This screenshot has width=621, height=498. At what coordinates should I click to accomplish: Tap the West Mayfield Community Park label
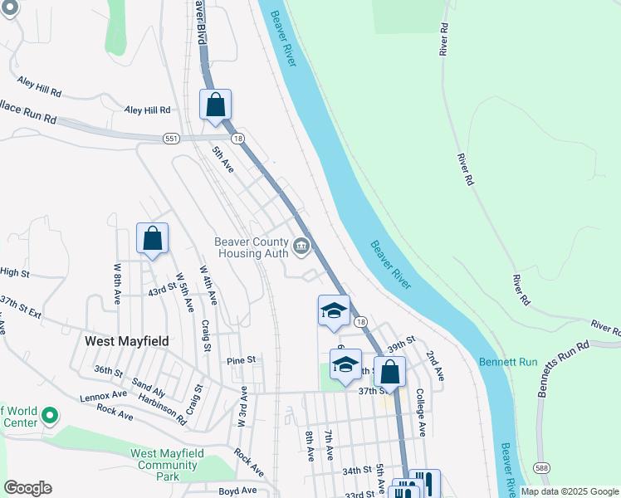(168, 465)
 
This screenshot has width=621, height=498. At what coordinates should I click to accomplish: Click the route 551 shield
(171, 138)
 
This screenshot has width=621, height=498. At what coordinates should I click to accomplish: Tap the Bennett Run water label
(508, 363)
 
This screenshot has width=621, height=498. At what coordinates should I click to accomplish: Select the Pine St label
(241, 360)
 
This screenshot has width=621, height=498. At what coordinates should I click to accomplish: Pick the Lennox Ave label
(103, 396)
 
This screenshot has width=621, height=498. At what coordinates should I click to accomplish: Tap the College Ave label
(420, 412)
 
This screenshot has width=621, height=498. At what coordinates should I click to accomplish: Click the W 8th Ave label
(117, 283)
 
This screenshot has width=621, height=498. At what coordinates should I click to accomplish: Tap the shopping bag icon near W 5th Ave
(153, 238)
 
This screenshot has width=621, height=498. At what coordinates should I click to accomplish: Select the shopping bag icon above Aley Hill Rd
(216, 105)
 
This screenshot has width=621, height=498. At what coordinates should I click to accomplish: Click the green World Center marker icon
(50, 414)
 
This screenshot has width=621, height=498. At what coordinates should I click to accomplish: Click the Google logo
(27, 488)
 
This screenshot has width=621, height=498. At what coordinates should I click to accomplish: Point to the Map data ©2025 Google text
(569, 491)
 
